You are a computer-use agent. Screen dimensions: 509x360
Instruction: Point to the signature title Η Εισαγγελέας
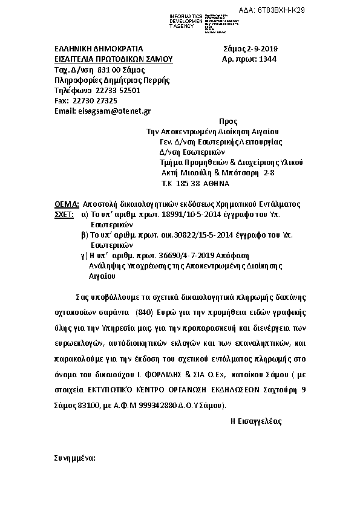pos(256,421)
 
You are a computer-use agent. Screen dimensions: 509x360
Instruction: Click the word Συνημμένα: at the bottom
pos(75,459)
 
